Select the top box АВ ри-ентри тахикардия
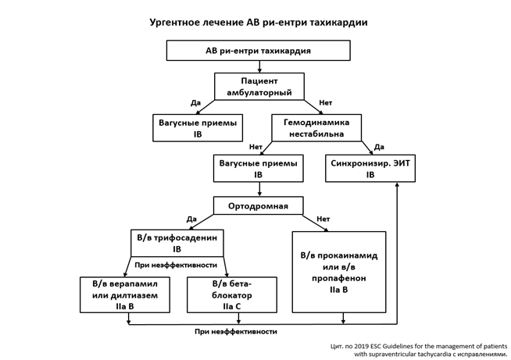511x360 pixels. pos(258,51)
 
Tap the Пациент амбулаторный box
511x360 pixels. pos(259,86)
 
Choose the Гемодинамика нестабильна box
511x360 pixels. pos(316,128)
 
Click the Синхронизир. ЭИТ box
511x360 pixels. pos(370,169)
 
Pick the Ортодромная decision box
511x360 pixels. pos(258,206)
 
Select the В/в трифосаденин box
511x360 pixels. pos(177,243)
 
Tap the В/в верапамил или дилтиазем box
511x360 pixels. pos(124,294)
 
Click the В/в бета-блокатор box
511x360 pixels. pos(232,294)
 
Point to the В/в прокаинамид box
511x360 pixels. pos(339,272)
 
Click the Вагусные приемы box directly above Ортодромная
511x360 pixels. pos(258,169)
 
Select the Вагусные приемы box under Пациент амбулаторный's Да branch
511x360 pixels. pos(198,128)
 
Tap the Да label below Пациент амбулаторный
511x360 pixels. pos(195,102)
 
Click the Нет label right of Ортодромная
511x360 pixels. pos(323,219)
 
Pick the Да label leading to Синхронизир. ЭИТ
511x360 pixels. pos(379,146)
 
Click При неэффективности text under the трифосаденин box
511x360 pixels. pos(176,265)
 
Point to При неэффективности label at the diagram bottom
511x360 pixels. pos(236,332)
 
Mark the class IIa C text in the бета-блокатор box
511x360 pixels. pos(232,306)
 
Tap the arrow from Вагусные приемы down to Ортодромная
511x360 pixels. pos(258,189)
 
